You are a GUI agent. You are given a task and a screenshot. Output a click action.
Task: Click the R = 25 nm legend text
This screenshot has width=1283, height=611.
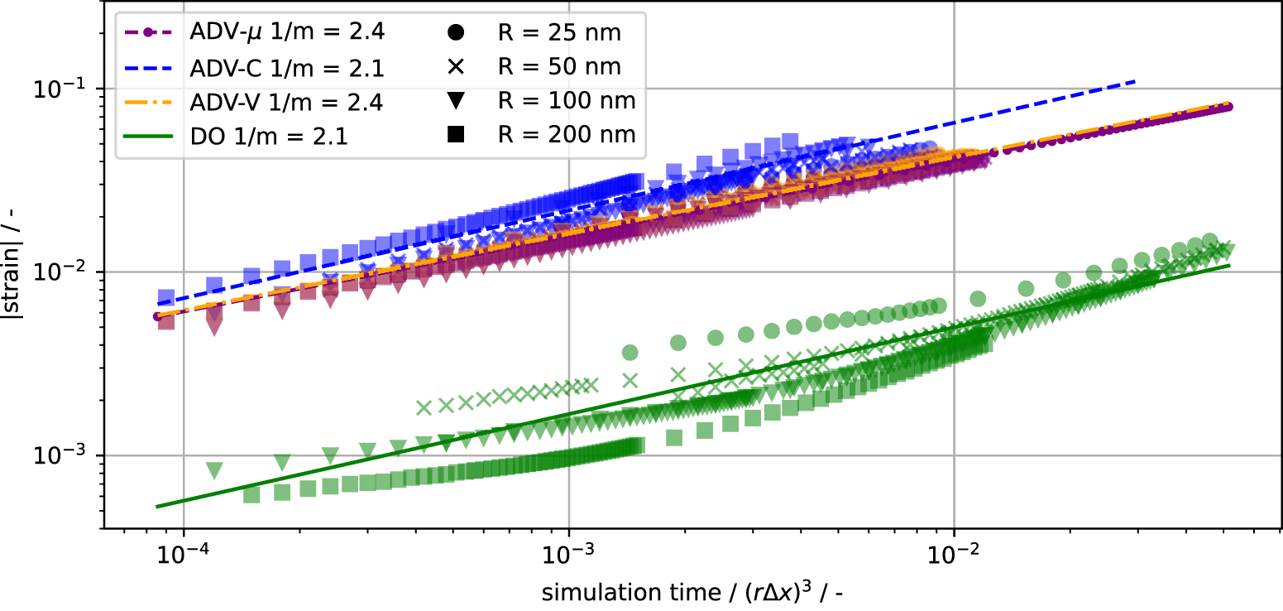[x=560, y=33]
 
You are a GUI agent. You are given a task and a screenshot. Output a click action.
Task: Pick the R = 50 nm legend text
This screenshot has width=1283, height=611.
[x=560, y=67]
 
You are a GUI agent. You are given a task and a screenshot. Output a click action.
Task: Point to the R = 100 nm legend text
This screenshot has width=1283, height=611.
[x=567, y=101]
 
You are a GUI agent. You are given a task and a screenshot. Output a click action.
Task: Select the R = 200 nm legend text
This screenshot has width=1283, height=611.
[x=567, y=135]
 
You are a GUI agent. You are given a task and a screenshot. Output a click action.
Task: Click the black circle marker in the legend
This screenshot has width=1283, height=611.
[x=455, y=33]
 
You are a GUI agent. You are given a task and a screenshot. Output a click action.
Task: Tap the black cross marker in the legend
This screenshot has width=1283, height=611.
[x=455, y=67]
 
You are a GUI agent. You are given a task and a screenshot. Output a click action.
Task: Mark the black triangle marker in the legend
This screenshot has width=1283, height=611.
[x=455, y=101]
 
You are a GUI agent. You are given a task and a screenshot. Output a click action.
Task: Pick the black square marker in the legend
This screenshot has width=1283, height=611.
[x=455, y=134]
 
